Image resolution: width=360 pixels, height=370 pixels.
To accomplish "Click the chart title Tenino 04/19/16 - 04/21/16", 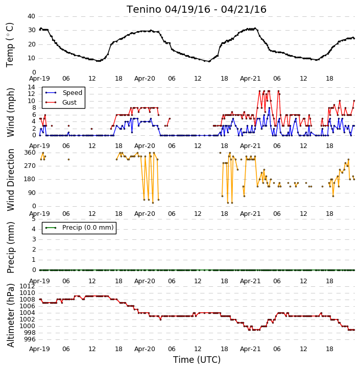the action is pos(197,10).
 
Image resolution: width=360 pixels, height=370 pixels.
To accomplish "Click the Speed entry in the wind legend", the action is pos(64,93).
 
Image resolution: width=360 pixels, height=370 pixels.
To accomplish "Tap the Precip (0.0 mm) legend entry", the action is pos(79,228).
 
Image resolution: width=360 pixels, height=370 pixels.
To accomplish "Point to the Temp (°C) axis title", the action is pos(10,45).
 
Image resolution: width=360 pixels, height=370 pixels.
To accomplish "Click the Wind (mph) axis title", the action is pos(10,112).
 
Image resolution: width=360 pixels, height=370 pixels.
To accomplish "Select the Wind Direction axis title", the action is pos(10,180).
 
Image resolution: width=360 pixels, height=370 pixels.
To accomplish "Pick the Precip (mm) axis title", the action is pos(10,248).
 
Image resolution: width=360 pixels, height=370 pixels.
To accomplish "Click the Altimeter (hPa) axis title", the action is pos(10,315).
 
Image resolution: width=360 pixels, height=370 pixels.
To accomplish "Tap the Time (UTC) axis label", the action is pos(197,360).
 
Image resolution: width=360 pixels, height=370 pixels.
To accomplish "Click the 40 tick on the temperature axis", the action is pos(31,16).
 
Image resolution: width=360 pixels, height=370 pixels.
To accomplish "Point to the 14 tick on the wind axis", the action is pos(31,87).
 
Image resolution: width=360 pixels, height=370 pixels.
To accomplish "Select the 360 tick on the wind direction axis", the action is pos(30,153).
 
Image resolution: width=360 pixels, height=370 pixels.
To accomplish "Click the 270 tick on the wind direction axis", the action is pos(30,166).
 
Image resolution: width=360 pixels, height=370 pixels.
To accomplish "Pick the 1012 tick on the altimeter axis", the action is pos(27,286).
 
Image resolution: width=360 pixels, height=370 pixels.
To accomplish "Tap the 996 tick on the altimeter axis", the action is pos(30,339).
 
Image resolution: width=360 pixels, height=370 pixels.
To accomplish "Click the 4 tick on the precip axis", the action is pos(34,229).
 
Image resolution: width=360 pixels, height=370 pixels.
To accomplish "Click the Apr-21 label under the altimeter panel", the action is pos(250,349).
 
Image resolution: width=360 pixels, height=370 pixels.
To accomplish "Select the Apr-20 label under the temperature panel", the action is pos(145,79).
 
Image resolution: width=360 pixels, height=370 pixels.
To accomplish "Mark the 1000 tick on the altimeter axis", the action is pos(27,326).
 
